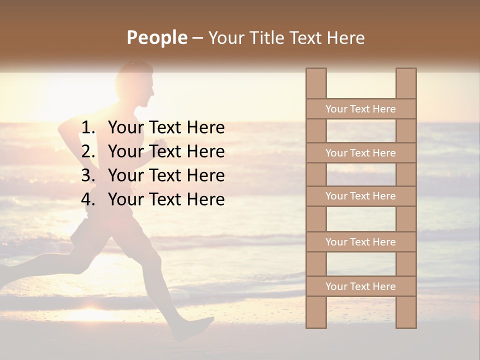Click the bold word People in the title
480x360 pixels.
tap(156, 38)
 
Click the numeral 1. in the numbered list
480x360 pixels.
tap(88, 128)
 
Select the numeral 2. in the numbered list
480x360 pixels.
tap(88, 151)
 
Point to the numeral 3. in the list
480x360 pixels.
tap(88, 175)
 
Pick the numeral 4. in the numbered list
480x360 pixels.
tap(88, 199)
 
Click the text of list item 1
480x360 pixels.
tap(166, 128)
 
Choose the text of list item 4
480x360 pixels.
tap(166, 199)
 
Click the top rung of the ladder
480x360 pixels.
tap(360, 109)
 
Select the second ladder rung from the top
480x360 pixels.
tap(360, 153)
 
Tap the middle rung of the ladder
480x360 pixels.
tap(360, 196)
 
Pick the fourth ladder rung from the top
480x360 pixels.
tap(360, 242)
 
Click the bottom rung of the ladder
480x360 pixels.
tap(360, 286)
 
